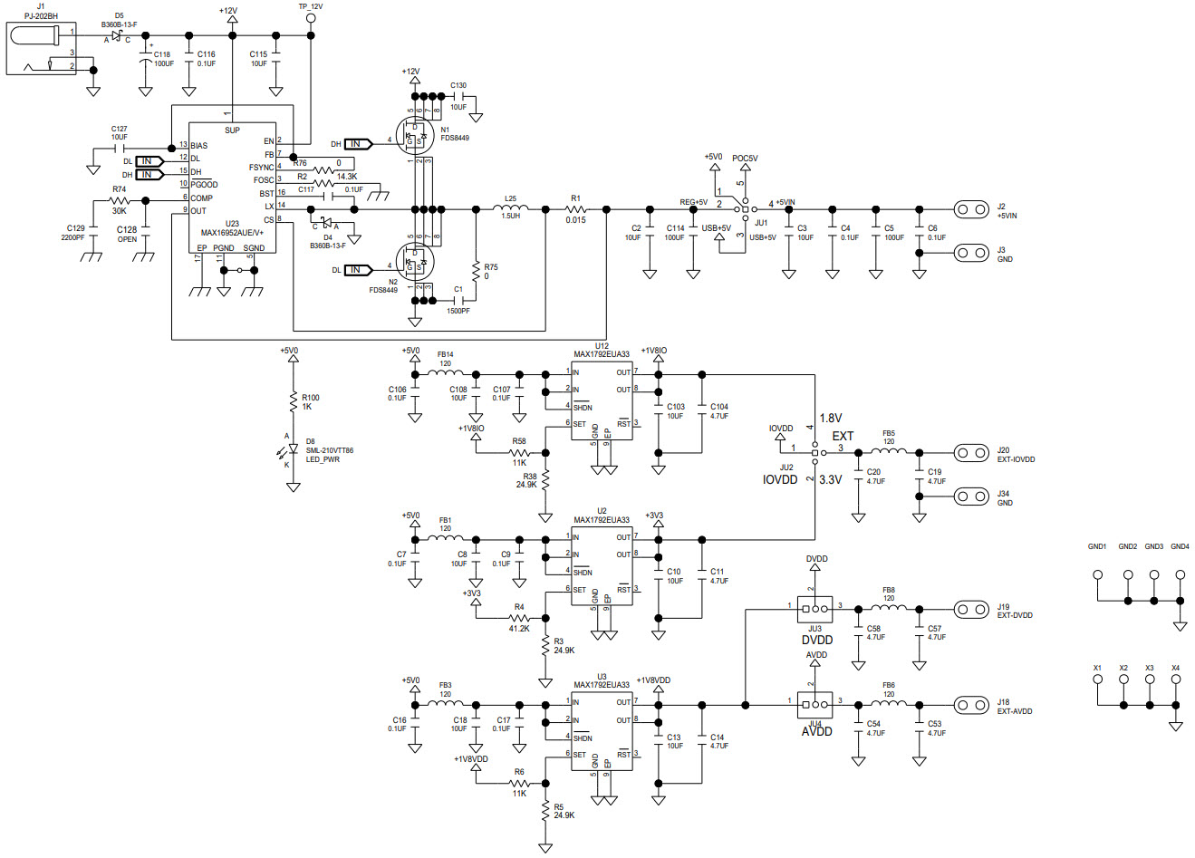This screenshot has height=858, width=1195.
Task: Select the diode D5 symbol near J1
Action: (x=118, y=35)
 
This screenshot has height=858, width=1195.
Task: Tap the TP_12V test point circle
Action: (x=312, y=18)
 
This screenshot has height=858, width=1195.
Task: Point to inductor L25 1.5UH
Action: (x=510, y=209)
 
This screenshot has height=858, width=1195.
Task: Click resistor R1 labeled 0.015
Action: (x=575, y=209)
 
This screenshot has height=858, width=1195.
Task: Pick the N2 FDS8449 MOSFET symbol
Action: (x=413, y=264)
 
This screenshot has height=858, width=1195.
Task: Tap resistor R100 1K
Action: (x=293, y=400)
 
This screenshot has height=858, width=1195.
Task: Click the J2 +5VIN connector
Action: (x=970, y=210)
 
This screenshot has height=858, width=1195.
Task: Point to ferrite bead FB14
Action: (x=446, y=372)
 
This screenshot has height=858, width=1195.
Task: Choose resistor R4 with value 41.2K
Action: (x=519, y=618)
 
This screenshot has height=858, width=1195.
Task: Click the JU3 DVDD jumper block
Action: (x=816, y=607)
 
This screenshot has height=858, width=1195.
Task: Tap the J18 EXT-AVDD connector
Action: (x=970, y=705)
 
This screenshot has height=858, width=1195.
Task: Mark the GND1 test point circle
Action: (x=1097, y=574)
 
